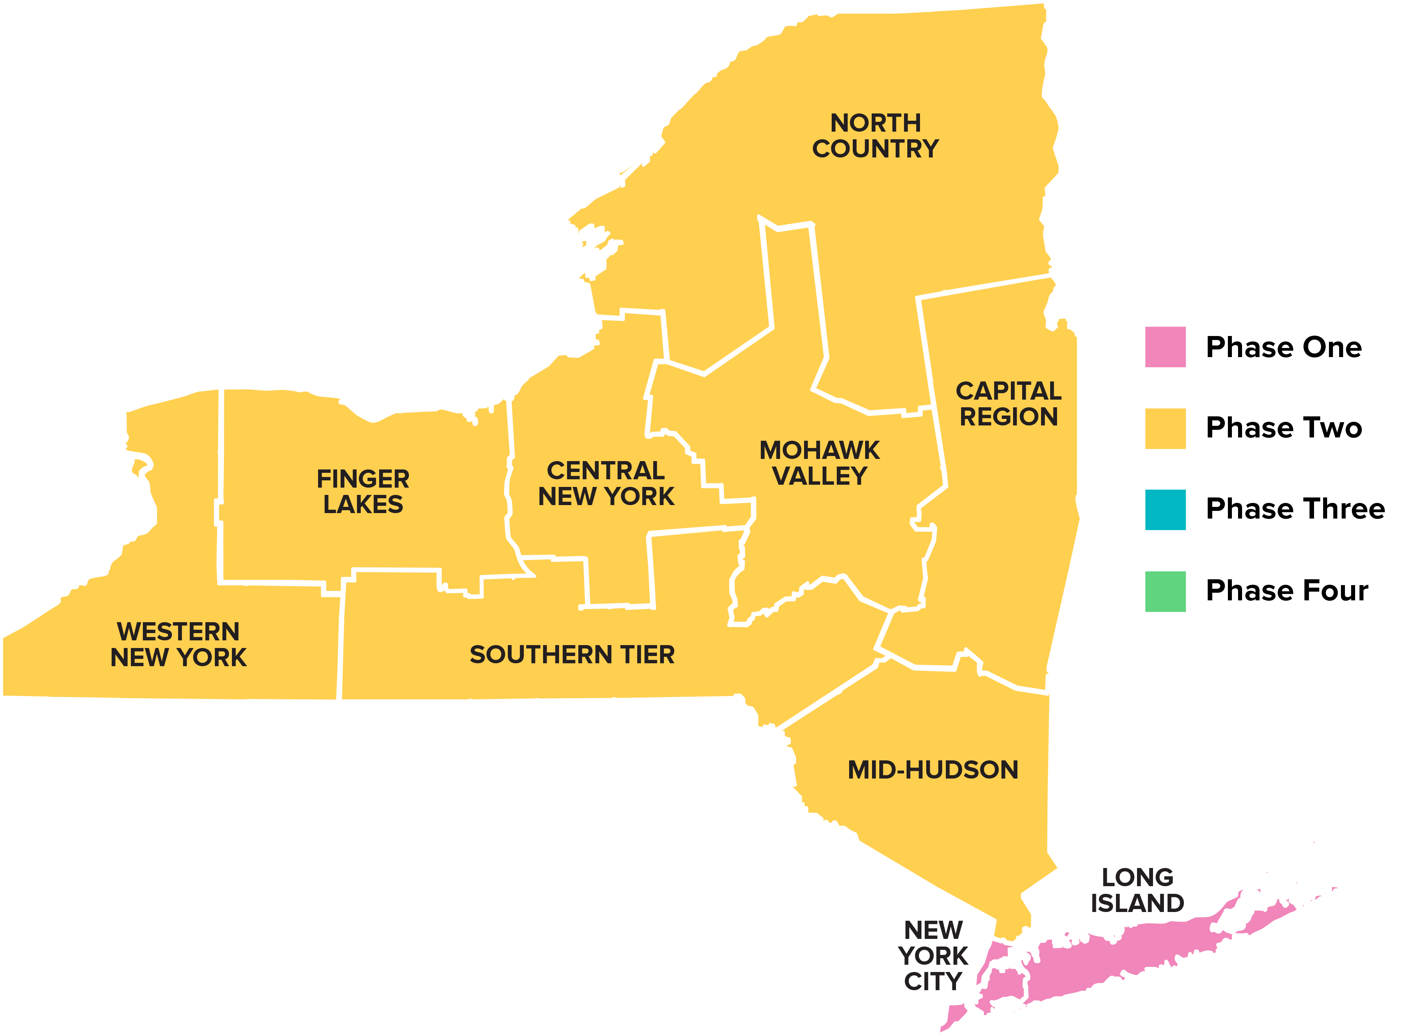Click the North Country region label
pyautogui.click(x=875, y=136)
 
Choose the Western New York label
pyautogui.click(x=179, y=644)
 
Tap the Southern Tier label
pyautogui.click(x=572, y=655)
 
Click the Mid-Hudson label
pyautogui.click(x=933, y=770)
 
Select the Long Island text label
pyautogui.click(x=1137, y=890)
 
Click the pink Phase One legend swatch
pyautogui.click(x=1165, y=347)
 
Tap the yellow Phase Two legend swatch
pyautogui.click(x=1165, y=428)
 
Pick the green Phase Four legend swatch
pyautogui.click(x=1165, y=591)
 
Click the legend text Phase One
pyautogui.click(x=1284, y=347)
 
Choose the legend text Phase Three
pyautogui.click(x=1295, y=509)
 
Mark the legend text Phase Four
pyautogui.click(x=1286, y=590)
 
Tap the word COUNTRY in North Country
pyautogui.click(x=875, y=149)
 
